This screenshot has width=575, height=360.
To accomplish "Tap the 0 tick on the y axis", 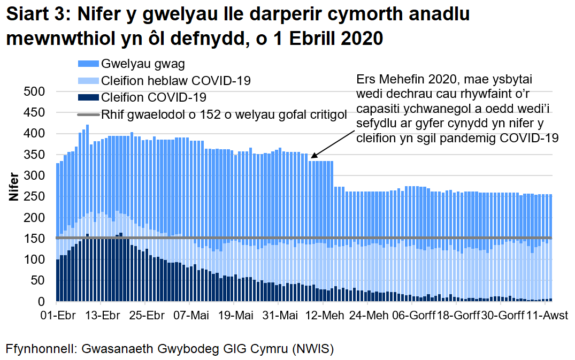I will pyautogui.click(x=44, y=302).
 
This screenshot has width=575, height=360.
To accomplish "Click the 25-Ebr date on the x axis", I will pyautogui.click(x=147, y=315).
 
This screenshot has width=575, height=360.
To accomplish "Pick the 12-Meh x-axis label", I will pyautogui.click(x=325, y=315).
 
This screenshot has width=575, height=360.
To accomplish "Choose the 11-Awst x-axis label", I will pyautogui.click(x=546, y=315).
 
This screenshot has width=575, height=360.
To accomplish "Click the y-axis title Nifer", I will pyautogui.click(x=14, y=187).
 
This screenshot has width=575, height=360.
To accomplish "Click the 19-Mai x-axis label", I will pyautogui.click(x=236, y=315).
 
